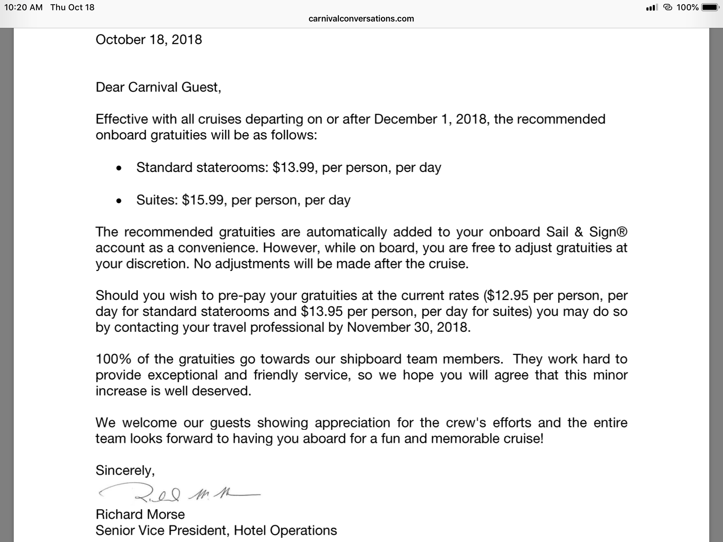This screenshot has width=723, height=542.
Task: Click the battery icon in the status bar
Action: tap(710, 7)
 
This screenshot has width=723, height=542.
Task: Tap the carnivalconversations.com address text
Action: tap(361, 19)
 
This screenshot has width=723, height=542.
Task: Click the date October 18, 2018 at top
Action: tap(149, 40)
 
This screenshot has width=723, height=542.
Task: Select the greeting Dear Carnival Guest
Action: tap(158, 87)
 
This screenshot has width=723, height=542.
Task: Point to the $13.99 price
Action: tap(293, 167)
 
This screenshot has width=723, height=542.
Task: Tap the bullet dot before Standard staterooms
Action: tap(119, 168)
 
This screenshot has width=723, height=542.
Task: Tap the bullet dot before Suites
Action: tap(119, 201)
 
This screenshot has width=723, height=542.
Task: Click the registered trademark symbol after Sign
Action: tap(623, 231)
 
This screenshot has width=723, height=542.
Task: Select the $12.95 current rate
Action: tap(507, 295)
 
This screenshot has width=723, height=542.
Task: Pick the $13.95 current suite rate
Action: tap(322, 311)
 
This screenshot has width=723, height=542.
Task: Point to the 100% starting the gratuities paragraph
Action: tap(113, 359)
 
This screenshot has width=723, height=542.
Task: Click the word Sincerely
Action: tap(125, 470)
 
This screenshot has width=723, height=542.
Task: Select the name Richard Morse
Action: tap(140, 514)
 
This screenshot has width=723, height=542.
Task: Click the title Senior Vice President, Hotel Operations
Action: tap(216, 530)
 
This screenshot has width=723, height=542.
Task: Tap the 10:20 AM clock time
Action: tap(23, 7)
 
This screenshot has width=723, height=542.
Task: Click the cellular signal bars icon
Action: tap(652, 7)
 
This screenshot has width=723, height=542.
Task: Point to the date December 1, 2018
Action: tap(431, 119)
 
